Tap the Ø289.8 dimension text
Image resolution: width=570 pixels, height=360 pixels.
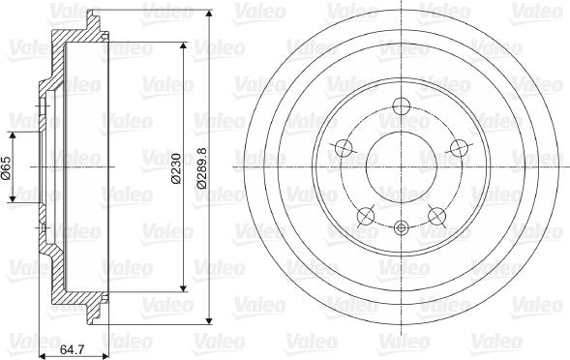201,166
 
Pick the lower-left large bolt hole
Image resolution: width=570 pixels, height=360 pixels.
365,215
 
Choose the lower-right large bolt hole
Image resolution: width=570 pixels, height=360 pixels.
436,215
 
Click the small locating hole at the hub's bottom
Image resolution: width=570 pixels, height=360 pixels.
401,227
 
